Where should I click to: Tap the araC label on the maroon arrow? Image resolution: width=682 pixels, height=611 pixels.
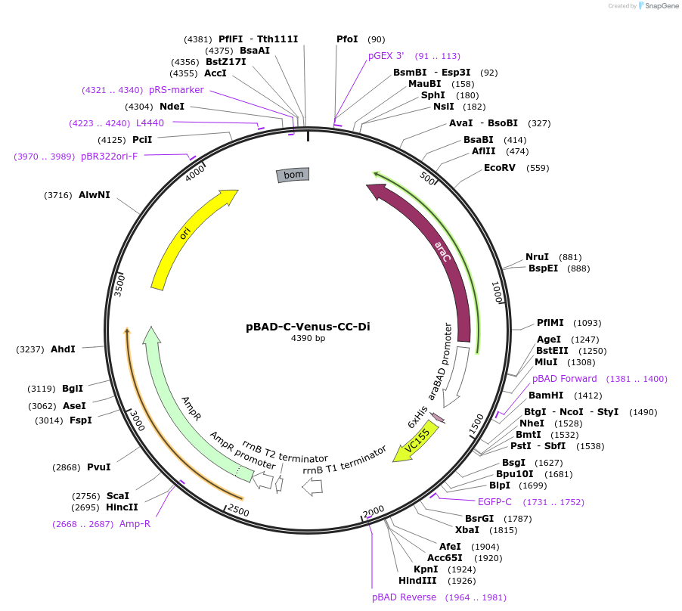[x=444, y=252]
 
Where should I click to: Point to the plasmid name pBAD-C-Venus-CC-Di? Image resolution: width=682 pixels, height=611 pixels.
[x=308, y=327]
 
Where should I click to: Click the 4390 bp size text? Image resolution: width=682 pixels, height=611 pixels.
[x=308, y=338]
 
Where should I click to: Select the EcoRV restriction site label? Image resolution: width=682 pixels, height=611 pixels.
[x=500, y=167]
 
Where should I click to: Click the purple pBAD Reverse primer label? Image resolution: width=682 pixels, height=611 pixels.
[x=404, y=597]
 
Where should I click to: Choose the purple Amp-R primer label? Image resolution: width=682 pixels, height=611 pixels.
[x=135, y=523]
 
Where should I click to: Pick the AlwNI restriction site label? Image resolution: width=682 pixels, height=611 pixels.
[x=95, y=195]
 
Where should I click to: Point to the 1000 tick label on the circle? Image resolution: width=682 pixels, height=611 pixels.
[x=497, y=293]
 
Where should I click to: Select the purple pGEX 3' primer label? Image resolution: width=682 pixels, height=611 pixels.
[x=386, y=56]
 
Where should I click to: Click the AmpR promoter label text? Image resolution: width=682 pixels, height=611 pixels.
[x=243, y=451]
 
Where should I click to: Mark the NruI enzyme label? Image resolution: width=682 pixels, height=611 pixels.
[x=538, y=257]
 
